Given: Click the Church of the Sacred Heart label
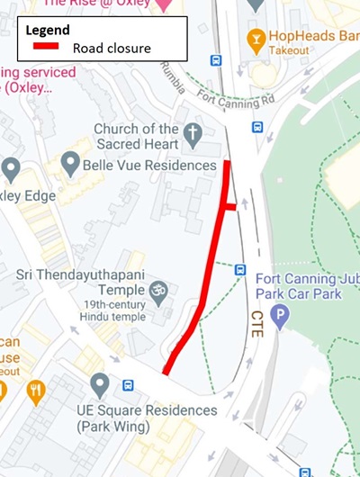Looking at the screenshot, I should click(137, 137).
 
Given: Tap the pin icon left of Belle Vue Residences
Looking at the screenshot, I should click(70, 164).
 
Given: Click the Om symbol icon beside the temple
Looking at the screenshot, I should click(158, 291).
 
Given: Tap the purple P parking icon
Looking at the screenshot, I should click(282, 316).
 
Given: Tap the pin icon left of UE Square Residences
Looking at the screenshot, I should click(100, 385).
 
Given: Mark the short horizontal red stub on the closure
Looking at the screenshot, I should click(230, 207).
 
